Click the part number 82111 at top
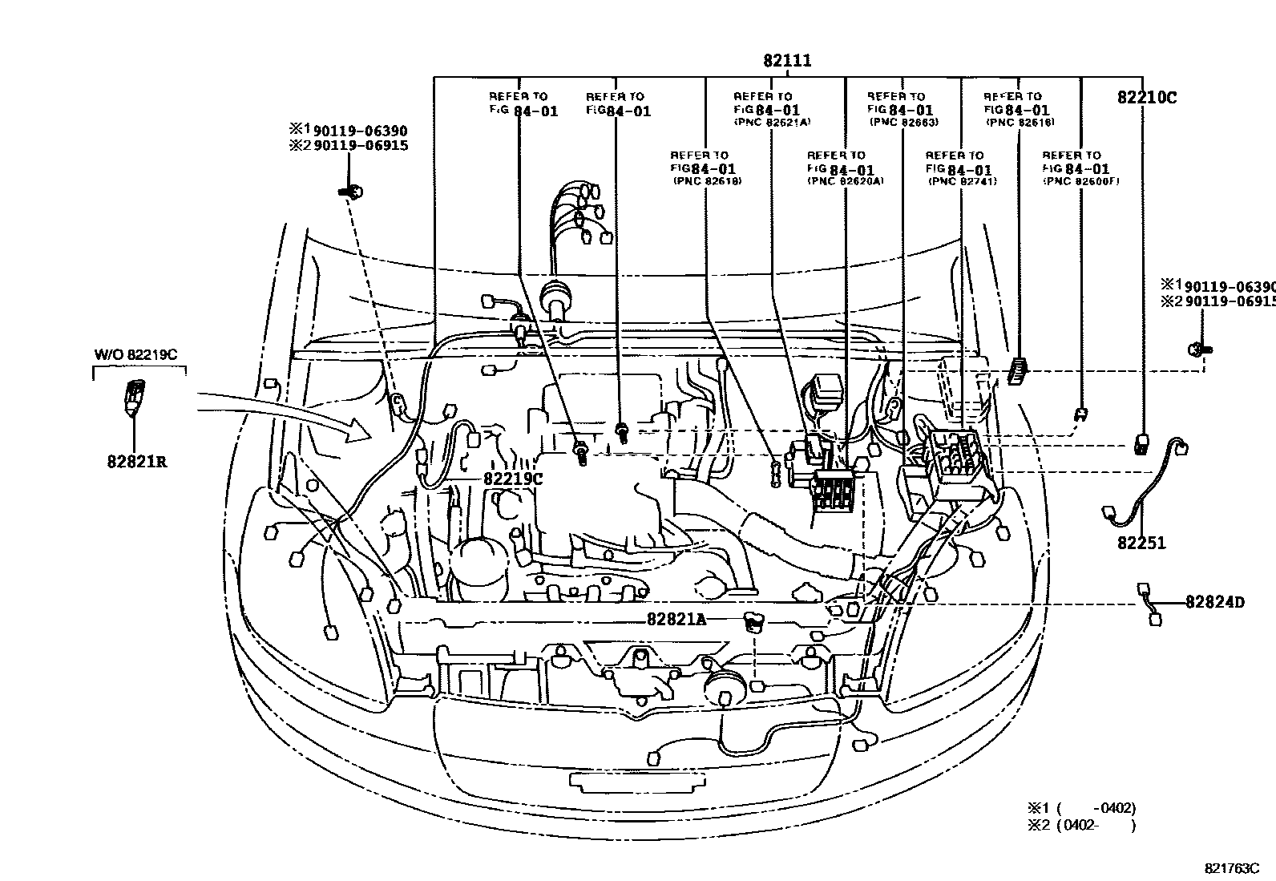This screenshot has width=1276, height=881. tap(787, 61)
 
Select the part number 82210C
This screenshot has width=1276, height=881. tap(1147, 98)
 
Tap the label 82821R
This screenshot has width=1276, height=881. tap(137, 462)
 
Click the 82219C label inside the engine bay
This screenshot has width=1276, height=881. tap(513, 479)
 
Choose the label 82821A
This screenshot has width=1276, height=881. tap(676, 619)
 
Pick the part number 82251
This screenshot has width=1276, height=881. tap(1141, 544)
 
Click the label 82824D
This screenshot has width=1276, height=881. tap(1214, 602)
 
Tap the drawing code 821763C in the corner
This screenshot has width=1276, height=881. tap(1231, 868)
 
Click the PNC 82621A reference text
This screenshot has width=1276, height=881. tap(773, 123)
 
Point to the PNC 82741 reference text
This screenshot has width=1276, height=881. tap(962, 182)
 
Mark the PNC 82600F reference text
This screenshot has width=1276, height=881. tap(1080, 182)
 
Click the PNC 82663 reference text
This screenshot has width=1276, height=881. tap(903, 123)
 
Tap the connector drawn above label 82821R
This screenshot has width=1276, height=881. tap(135, 396)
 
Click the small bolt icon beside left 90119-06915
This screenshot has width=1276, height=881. tap(351, 191)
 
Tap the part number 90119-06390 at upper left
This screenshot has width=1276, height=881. tap(360, 131)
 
